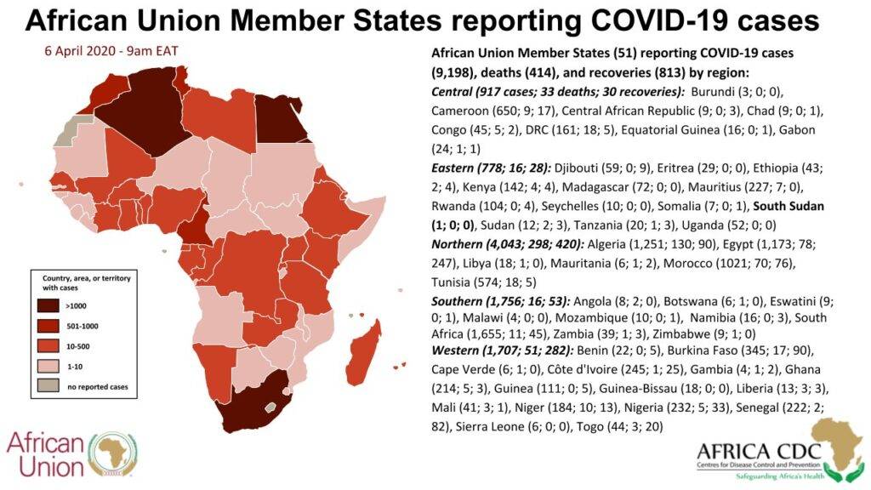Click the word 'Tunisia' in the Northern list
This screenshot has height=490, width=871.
pyautogui.click(x=455, y=282)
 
